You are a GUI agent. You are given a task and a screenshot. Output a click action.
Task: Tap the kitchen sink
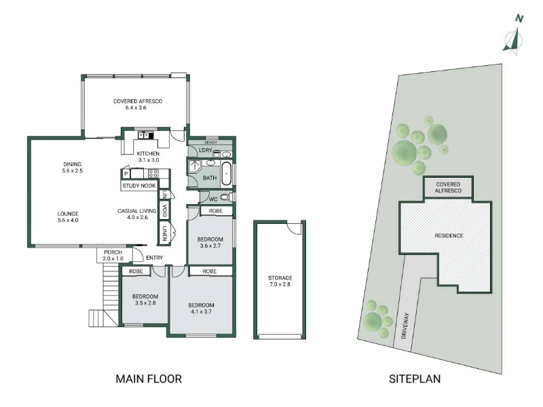tap(145, 135)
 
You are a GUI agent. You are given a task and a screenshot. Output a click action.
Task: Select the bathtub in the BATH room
tap(226, 173)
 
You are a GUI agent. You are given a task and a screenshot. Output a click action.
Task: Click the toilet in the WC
tap(225, 197)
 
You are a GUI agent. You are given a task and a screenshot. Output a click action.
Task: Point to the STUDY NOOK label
tap(139, 186)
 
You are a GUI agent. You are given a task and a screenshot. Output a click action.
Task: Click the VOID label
tap(164, 211)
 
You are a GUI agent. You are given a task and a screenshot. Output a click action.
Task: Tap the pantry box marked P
tap(126, 174)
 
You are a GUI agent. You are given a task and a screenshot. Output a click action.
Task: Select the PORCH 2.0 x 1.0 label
tap(113, 256)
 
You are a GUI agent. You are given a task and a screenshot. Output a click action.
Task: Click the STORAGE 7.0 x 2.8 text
tap(280, 281)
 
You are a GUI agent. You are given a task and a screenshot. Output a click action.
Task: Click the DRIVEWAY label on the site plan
tap(406, 326)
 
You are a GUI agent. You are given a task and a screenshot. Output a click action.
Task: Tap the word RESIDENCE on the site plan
tap(449, 235)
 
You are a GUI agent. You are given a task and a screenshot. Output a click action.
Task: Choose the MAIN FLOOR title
tap(149, 379)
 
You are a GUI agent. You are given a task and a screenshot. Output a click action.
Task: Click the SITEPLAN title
tap(415, 379)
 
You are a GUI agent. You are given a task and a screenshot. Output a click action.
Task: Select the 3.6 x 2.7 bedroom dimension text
tap(210, 246)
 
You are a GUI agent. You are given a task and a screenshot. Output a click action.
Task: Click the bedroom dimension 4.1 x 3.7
tap(201, 311)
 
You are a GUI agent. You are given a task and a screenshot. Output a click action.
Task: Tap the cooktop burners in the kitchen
tap(153, 174)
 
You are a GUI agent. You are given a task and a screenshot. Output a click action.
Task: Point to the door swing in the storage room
tap(295, 228)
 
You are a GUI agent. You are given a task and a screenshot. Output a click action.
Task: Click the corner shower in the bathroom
tap(195, 166)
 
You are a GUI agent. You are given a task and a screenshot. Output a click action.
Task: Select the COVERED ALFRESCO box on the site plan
tap(448, 187)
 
